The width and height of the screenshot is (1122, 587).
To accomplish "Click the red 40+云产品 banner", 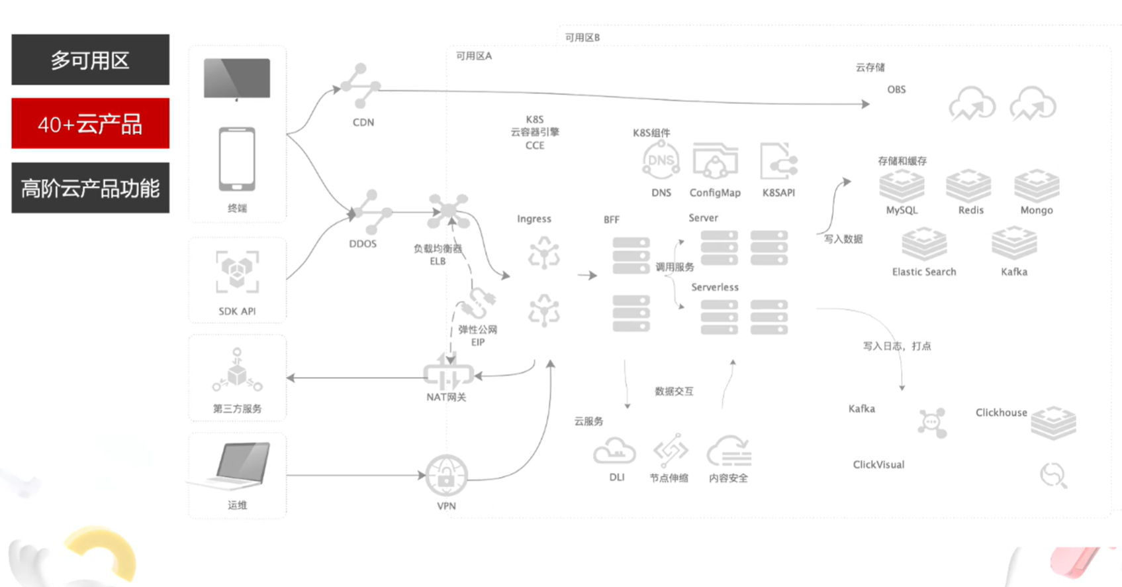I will pos(90,124).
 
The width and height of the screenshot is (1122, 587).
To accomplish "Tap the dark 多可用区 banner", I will pos(90,60).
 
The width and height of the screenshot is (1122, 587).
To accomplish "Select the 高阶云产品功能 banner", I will pos(90,188).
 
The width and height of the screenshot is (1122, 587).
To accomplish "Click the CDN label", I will pos(363,123).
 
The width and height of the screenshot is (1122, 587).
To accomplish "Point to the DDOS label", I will pos(363,244).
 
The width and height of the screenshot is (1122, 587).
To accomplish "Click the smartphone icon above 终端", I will pos(237,159).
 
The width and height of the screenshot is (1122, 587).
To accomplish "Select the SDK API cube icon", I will pos(237,272).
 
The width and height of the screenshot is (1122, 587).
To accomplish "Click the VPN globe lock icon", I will pos(446,475).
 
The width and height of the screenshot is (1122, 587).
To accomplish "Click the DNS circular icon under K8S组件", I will pos(661,161).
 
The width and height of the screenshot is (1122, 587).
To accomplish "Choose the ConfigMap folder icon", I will pos(715,162).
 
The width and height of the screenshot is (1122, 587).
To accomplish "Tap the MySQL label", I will pos(902,210).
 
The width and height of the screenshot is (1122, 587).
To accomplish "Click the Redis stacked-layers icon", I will pos(968,185).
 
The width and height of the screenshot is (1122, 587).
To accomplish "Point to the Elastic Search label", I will pos(923,272).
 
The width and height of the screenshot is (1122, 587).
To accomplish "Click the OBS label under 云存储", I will pos(896,89).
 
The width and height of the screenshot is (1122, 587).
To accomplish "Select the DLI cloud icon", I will pos(614,451).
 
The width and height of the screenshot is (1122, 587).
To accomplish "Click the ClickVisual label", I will pos(878,464).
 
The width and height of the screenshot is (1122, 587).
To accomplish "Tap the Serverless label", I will pos(714,287).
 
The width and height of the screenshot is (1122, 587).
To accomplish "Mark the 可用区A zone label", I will pos(473,56).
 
